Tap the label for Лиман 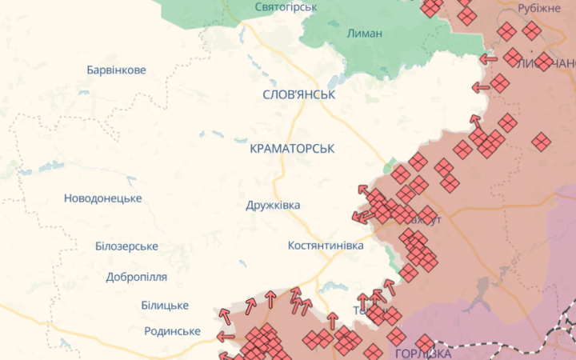pos(365,34)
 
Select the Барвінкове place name pos(116,70)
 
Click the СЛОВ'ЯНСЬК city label pos(298,94)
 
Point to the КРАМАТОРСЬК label pos(292,149)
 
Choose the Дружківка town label pos(273,205)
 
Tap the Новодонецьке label pos(102,198)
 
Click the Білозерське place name pos(126,246)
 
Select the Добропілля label pos(136,277)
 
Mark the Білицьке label pos(164,306)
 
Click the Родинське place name pos(172,331)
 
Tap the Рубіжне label pos(539,8)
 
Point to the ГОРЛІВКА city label pos(423,353)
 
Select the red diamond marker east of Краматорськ pos(401,174)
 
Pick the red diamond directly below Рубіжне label pos(531,31)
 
